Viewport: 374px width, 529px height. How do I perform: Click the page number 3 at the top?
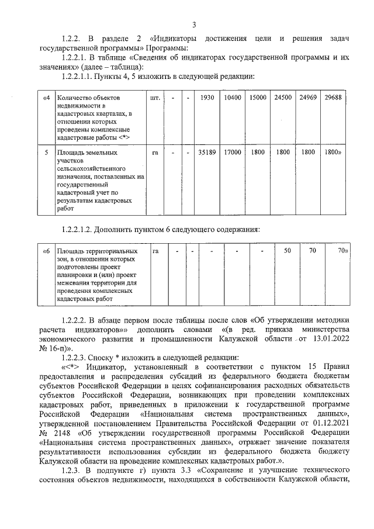click(194, 24)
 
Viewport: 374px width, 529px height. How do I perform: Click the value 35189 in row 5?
click(207, 153)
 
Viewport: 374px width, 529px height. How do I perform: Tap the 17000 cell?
click(233, 153)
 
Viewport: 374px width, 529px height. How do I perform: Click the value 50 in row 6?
click(287, 251)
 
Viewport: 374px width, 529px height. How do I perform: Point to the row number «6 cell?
click(46, 251)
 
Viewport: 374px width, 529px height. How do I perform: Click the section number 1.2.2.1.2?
click(82, 228)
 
